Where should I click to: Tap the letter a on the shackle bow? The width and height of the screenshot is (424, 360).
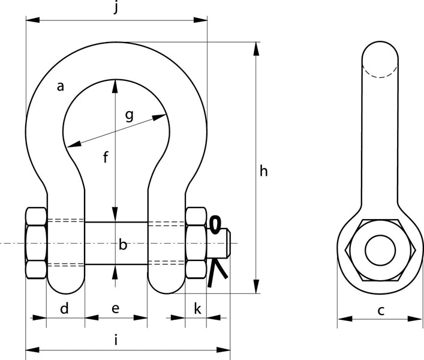click(x=60, y=86)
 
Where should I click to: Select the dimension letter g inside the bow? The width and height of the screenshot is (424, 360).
click(x=129, y=115)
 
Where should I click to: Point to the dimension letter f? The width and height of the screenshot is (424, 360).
click(x=106, y=158)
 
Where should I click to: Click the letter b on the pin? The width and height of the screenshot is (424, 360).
click(x=123, y=245)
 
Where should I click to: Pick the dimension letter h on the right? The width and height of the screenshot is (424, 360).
click(x=263, y=172)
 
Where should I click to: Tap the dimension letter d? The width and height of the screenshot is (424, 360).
click(x=65, y=309)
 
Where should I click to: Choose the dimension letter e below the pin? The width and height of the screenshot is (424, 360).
click(x=116, y=309)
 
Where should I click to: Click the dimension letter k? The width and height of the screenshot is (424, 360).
click(x=198, y=309)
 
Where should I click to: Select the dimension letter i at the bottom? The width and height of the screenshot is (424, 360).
click(x=116, y=341)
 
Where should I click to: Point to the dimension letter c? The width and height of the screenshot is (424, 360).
click(x=380, y=310)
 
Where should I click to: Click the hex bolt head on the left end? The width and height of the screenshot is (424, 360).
click(x=36, y=243)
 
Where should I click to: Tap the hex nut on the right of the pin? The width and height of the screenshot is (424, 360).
click(x=196, y=243)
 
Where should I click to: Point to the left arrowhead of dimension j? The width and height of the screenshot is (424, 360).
click(x=31, y=20)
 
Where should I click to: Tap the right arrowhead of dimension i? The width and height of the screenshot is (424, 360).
click(x=226, y=349)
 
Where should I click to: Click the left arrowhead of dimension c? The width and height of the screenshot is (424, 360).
click(x=342, y=319)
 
